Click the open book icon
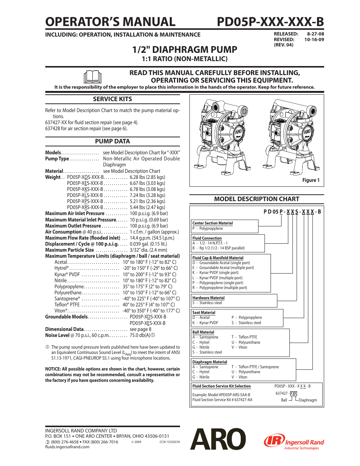click(x=92, y=77)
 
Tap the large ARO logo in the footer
click(x=218, y=439)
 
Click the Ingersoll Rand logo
click(x=294, y=441)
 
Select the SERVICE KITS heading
click(x=112, y=99)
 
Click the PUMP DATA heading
click(x=112, y=141)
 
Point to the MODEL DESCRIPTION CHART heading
click(x=257, y=199)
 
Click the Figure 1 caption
click(x=311, y=180)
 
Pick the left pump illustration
click(x=221, y=138)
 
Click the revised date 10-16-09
click(x=314, y=40)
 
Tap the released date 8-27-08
click(x=315, y=34)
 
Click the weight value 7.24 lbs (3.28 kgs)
click(x=147, y=195)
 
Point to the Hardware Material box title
click(x=208, y=298)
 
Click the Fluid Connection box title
click(x=207, y=238)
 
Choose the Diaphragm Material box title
click(x=209, y=362)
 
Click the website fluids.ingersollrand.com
click(x=67, y=447)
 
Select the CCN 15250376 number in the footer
click(x=169, y=442)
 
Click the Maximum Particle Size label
click(x=69, y=250)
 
